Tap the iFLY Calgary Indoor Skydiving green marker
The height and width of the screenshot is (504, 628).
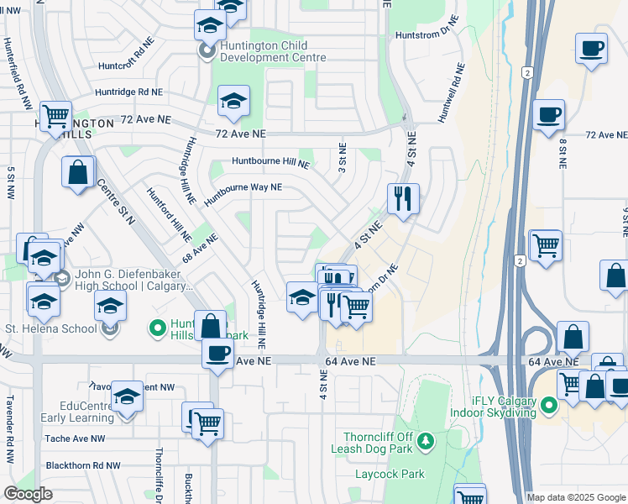549,407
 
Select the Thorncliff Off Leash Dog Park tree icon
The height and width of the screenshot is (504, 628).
426,440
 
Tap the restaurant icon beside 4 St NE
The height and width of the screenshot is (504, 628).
403,199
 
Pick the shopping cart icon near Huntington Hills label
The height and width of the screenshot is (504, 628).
55,116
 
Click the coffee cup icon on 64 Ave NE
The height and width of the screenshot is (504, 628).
218,352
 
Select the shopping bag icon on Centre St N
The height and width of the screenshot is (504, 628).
77,172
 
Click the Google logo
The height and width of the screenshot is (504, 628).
29,495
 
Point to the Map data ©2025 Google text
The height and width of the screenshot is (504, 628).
575,497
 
